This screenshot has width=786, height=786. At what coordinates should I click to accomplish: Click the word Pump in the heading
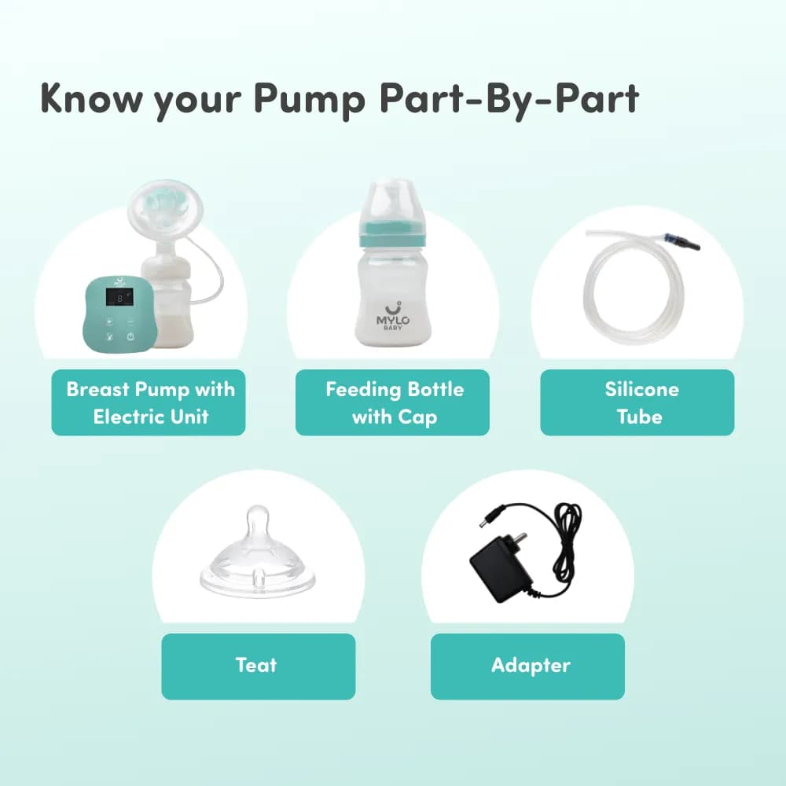309,99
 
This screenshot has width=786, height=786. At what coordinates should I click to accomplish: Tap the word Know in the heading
91,97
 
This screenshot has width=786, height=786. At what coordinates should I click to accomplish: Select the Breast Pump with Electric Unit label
149,402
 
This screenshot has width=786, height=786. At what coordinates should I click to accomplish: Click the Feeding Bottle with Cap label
392,402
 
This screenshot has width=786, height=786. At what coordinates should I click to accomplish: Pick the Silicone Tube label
637,402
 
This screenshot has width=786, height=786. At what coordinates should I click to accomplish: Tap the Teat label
258,667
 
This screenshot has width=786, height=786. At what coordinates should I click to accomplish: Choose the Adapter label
527,667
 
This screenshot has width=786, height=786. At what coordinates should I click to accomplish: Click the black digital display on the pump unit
119,298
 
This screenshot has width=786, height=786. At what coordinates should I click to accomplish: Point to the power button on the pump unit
130,336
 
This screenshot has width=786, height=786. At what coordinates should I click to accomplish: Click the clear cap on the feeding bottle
393,203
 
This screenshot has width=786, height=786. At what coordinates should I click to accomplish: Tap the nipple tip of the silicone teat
258,521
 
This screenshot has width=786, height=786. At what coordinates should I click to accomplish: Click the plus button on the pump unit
109,321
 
